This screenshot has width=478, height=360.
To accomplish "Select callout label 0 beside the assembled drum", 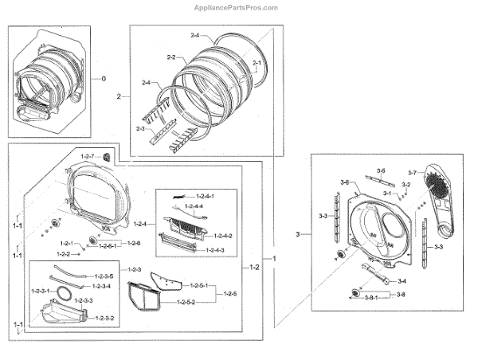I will tap(102, 78).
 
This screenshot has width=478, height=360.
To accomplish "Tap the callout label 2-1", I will tap(257, 62).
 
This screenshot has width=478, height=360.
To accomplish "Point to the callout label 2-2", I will tap(170, 57).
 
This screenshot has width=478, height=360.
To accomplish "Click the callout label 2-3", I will tap(140, 128).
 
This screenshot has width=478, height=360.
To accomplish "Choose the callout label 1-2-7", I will tap(87, 155).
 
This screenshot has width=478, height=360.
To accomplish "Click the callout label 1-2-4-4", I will tap(194, 206).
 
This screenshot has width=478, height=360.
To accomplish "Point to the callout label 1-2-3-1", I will tap(41, 292).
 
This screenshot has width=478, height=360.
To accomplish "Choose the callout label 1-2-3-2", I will tap(105, 319).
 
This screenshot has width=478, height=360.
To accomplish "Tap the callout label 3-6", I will tap(346, 183).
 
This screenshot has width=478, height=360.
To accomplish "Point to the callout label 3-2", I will tap(406, 185).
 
